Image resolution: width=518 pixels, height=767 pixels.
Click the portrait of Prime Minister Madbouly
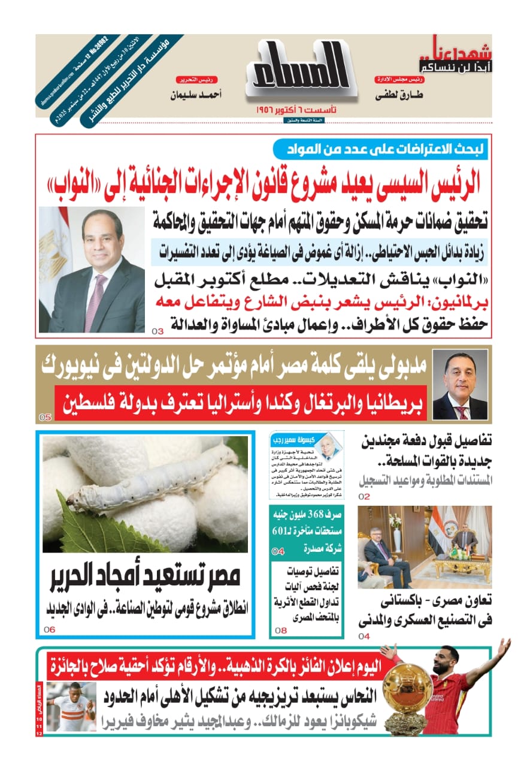point(460,384)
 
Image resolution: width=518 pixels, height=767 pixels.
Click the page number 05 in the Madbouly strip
point(46,418)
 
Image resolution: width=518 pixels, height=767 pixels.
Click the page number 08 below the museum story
point(281,630)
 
